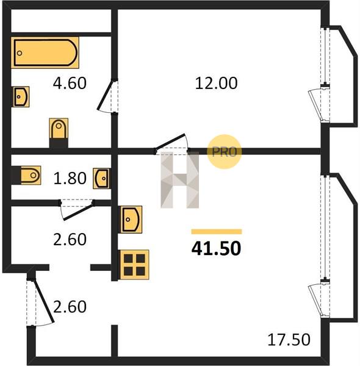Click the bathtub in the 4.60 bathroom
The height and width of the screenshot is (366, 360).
click(x=45, y=52)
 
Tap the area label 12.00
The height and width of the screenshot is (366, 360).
click(x=216, y=83)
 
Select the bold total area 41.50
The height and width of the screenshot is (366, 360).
click(x=216, y=248)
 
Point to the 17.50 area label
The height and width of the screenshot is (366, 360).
click(x=289, y=340)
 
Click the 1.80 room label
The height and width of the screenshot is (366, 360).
click(x=70, y=178)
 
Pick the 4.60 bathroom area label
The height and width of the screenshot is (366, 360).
click(x=70, y=83)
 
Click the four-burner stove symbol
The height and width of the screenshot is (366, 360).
click(x=134, y=265)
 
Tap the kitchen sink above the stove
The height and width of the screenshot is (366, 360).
click(x=131, y=220)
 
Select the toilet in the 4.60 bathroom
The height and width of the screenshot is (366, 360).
click(x=59, y=133)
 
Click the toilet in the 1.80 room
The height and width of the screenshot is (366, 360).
click(x=26, y=175)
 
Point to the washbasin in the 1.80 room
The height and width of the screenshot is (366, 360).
click(x=102, y=178)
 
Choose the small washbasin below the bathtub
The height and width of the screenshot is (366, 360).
click(x=21, y=96)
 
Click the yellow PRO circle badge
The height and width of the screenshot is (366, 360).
click(x=224, y=152)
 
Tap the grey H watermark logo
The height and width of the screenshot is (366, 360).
click(x=180, y=180)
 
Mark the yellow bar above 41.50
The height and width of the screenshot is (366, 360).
click(x=217, y=232)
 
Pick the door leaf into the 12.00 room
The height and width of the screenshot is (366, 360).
click(x=170, y=142)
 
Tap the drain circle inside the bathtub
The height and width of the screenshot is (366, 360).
click(x=20, y=53)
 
